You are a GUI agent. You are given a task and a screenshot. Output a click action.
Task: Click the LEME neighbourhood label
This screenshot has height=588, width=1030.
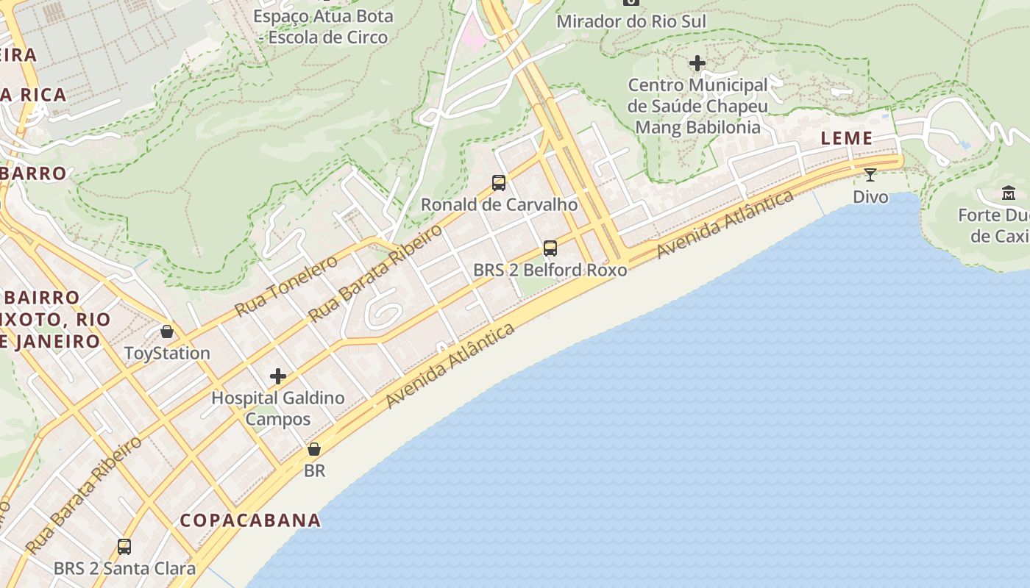pyautogui.click(x=846, y=138)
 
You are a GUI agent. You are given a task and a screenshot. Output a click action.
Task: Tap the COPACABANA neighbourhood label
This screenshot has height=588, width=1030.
pyautogui.click(x=251, y=520)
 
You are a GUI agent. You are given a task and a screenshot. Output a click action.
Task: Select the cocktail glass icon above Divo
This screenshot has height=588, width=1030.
pyautogui.click(x=870, y=175)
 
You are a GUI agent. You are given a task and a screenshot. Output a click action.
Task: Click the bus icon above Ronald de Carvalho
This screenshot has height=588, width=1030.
pyautogui.click(x=499, y=182)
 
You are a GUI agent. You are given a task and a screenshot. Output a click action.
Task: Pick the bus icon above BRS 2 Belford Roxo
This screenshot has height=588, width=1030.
pyautogui.click(x=550, y=248)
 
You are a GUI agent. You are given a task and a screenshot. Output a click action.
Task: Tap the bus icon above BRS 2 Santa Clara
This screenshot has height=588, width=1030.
pyautogui.click(x=124, y=547)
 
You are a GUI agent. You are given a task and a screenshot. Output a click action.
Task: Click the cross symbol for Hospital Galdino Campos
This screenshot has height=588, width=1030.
pyautogui.click(x=278, y=376)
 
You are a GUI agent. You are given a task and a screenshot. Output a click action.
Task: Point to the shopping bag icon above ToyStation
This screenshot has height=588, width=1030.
pyautogui.click(x=167, y=331)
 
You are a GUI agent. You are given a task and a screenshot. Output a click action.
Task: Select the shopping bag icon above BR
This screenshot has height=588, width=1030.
pyautogui.click(x=314, y=449)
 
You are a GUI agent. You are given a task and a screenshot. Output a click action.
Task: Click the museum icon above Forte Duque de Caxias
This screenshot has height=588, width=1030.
pyautogui.click(x=1008, y=193)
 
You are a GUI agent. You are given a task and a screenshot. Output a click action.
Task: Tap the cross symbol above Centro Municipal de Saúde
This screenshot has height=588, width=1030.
pyautogui.click(x=697, y=64)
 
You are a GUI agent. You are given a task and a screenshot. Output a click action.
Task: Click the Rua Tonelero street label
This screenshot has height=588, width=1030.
pyautogui.click(x=286, y=285)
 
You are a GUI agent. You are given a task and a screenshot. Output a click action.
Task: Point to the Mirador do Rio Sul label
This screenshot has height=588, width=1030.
pyautogui.click(x=631, y=21)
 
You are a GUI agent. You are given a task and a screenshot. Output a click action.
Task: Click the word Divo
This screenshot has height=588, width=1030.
pyautogui.click(x=870, y=197)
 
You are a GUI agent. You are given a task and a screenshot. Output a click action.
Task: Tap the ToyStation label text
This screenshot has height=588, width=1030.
pyautogui.click(x=167, y=354)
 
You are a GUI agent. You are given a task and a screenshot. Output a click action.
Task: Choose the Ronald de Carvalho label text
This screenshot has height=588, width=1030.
pyautogui.click(x=499, y=204)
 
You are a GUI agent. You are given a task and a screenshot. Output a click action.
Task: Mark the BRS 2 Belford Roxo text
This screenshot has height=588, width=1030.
pyautogui.click(x=550, y=270)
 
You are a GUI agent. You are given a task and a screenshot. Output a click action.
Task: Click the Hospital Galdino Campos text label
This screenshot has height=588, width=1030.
pyautogui.click(x=278, y=409)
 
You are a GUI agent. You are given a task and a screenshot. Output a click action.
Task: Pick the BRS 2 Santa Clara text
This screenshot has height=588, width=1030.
pyautogui.click(x=124, y=569)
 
